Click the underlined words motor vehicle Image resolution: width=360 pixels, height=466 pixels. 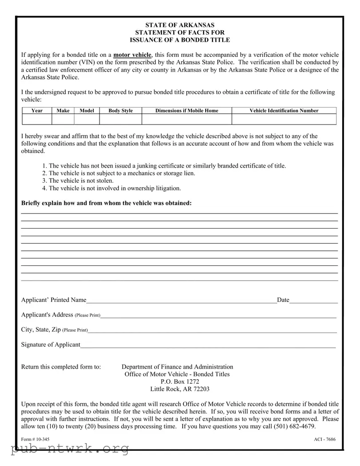coord(132,55)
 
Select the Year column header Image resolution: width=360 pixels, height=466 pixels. coord(37,111)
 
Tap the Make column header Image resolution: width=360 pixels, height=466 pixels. coord(63,111)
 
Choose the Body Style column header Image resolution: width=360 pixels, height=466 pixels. coord(120,111)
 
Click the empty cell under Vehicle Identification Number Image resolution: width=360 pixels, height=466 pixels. coord(284,119)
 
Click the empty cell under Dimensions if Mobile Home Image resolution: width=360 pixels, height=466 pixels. coord(187,119)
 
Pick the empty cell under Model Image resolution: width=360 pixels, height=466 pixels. coord(87,119)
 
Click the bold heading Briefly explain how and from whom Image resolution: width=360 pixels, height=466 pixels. coord(107,203)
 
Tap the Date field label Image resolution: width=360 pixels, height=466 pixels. coord(283,300)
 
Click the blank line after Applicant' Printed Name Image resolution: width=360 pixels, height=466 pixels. coord(181,301)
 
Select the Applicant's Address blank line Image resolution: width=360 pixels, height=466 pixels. coord(218,316)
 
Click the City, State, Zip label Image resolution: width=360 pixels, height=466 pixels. coord(41,330)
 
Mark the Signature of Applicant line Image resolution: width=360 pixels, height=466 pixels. coord(208,345)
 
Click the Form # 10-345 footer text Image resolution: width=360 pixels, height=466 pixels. coord(35,439)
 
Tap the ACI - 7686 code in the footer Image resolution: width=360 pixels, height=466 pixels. coord(324,439)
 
